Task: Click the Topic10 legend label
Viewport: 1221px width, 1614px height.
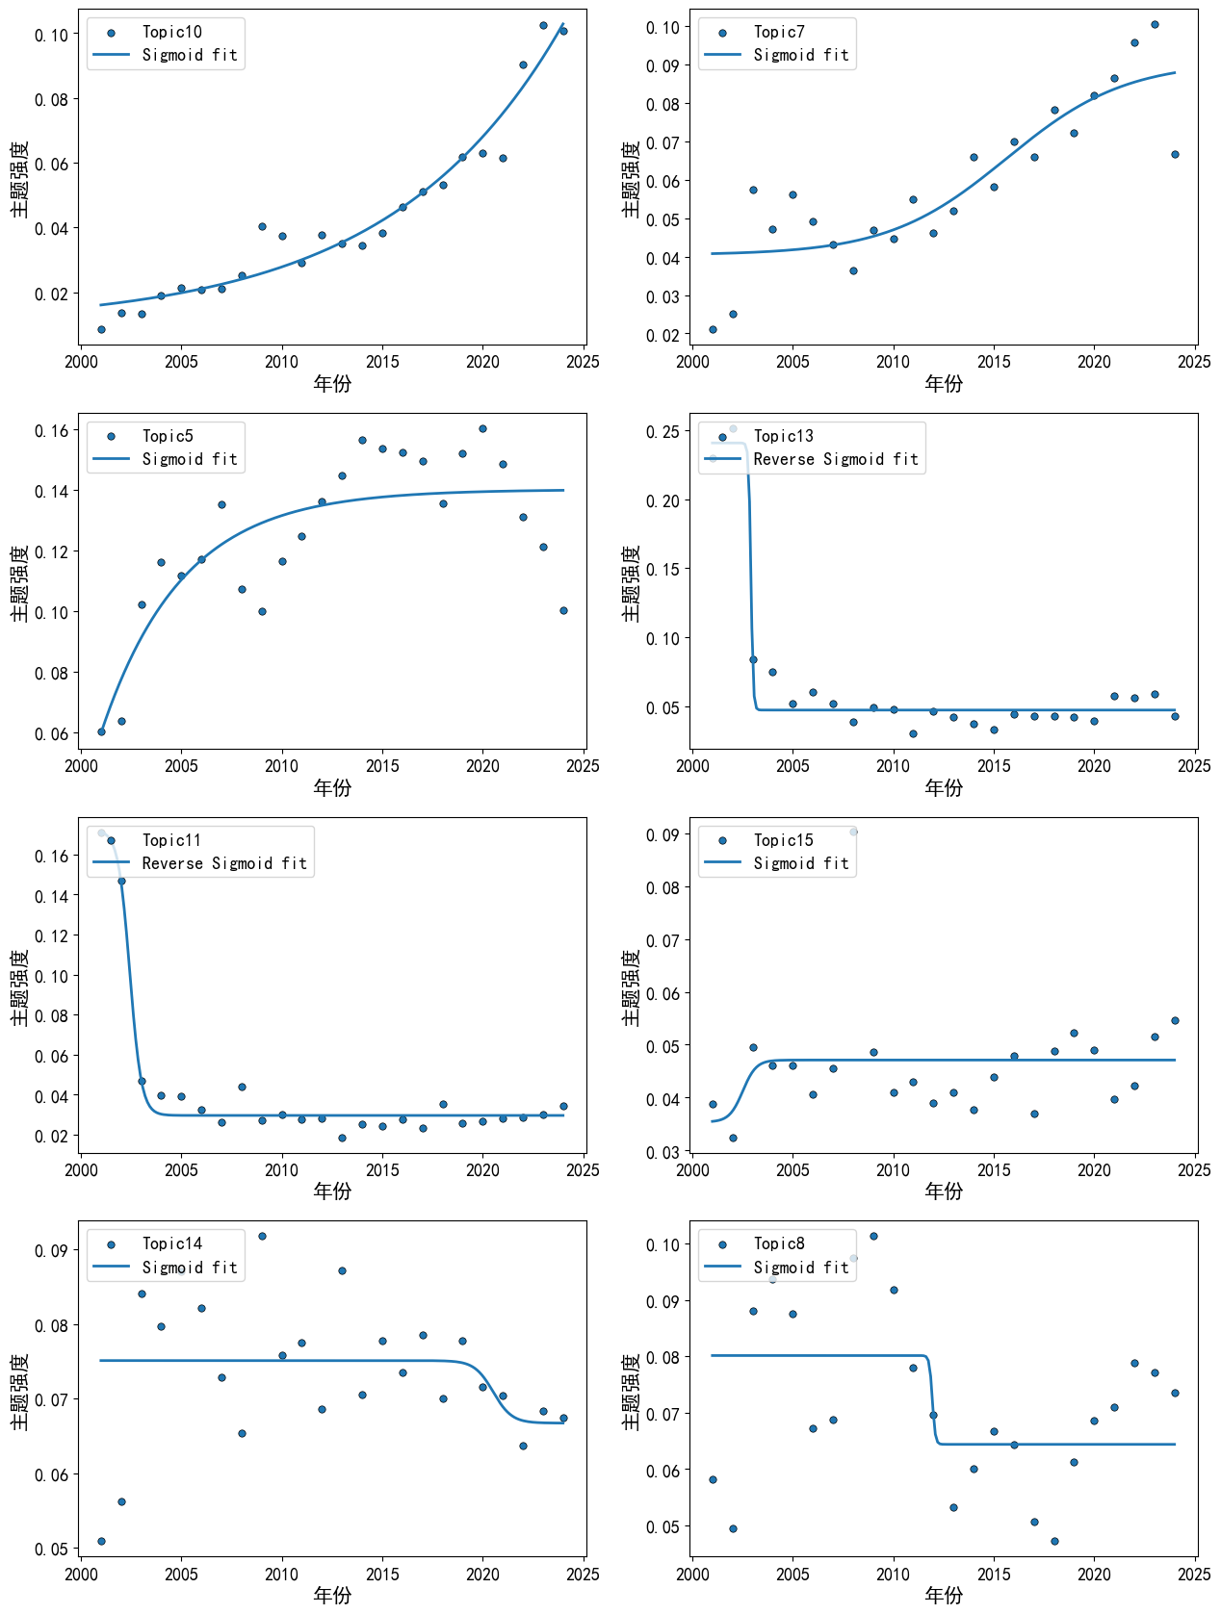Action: point(171,32)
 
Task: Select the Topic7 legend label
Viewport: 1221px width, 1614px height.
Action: point(779,32)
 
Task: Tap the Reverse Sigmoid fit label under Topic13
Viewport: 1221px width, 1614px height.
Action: point(836,459)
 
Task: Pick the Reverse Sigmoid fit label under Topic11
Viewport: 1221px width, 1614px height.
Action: point(224,862)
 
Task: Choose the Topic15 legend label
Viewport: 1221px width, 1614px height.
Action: point(784,839)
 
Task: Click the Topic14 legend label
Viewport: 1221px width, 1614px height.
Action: point(171,1243)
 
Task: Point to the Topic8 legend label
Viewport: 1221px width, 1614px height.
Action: point(779,1243)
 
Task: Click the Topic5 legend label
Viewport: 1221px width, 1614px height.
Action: point(168,436)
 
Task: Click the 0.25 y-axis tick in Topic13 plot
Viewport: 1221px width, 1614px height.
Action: point(662,431)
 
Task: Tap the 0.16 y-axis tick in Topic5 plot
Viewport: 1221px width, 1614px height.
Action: point(51,431)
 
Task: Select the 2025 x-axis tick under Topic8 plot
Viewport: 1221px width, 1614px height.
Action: point(1194,1575)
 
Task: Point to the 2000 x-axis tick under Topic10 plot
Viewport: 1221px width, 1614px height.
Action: point(81,362)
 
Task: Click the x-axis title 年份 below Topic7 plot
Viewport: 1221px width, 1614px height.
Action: point(944,383)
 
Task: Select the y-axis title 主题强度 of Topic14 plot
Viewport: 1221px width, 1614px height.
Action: point(20,1392)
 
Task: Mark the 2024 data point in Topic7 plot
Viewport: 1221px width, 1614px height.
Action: point(1175,154)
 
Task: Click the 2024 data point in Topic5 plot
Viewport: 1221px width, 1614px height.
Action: point(563,610)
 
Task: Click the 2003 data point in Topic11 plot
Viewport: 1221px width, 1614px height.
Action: point(142,1081)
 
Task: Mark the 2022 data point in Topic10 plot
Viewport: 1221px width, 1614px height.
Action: point(523,64)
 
